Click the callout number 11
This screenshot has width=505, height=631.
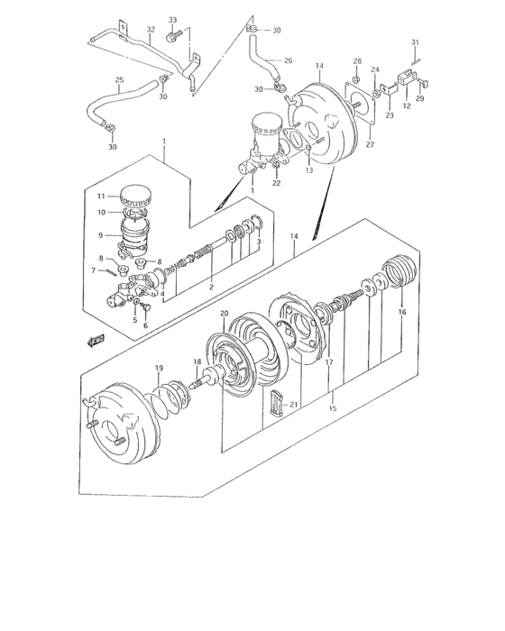pos(101,196)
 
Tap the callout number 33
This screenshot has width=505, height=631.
pos(173,20)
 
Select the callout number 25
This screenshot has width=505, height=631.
pos(119,80)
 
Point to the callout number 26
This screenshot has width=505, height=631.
pos(289,61)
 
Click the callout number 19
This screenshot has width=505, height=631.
pos(159,368)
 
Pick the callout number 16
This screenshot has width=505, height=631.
pos(402,312)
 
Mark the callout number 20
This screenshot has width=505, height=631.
pos(224,313)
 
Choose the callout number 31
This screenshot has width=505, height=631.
pos(415,42)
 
